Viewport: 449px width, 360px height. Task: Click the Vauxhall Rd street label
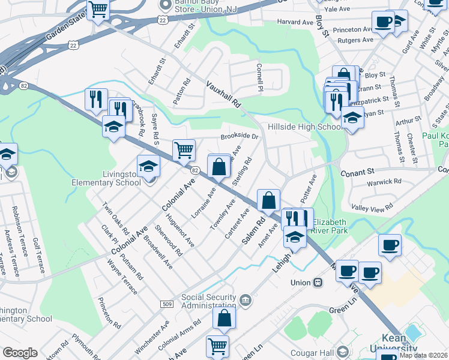pyautogui.click(x=224, y=95)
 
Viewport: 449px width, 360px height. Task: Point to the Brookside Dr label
pyautogui.click(x=239, y=136)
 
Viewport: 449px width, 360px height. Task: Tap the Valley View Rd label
pyautogui.click(x=372, y=208)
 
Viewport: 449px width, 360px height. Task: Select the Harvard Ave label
pyautogui.click(x=295, y=22)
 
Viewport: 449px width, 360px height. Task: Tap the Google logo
pyautogui.click(x=20, y=353)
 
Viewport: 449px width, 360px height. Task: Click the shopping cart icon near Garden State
pyautogui.click(x=97, y=10)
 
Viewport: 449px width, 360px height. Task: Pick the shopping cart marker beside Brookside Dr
pyautogui.click(x=184, y=149)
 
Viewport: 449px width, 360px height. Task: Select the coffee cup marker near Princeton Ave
pyautogui.click(x=382, y=23)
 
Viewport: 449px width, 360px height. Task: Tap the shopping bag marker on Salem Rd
pyautogui.click(x=269, y=200)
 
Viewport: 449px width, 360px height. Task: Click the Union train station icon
pyautogui.click(x=318, y=283)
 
